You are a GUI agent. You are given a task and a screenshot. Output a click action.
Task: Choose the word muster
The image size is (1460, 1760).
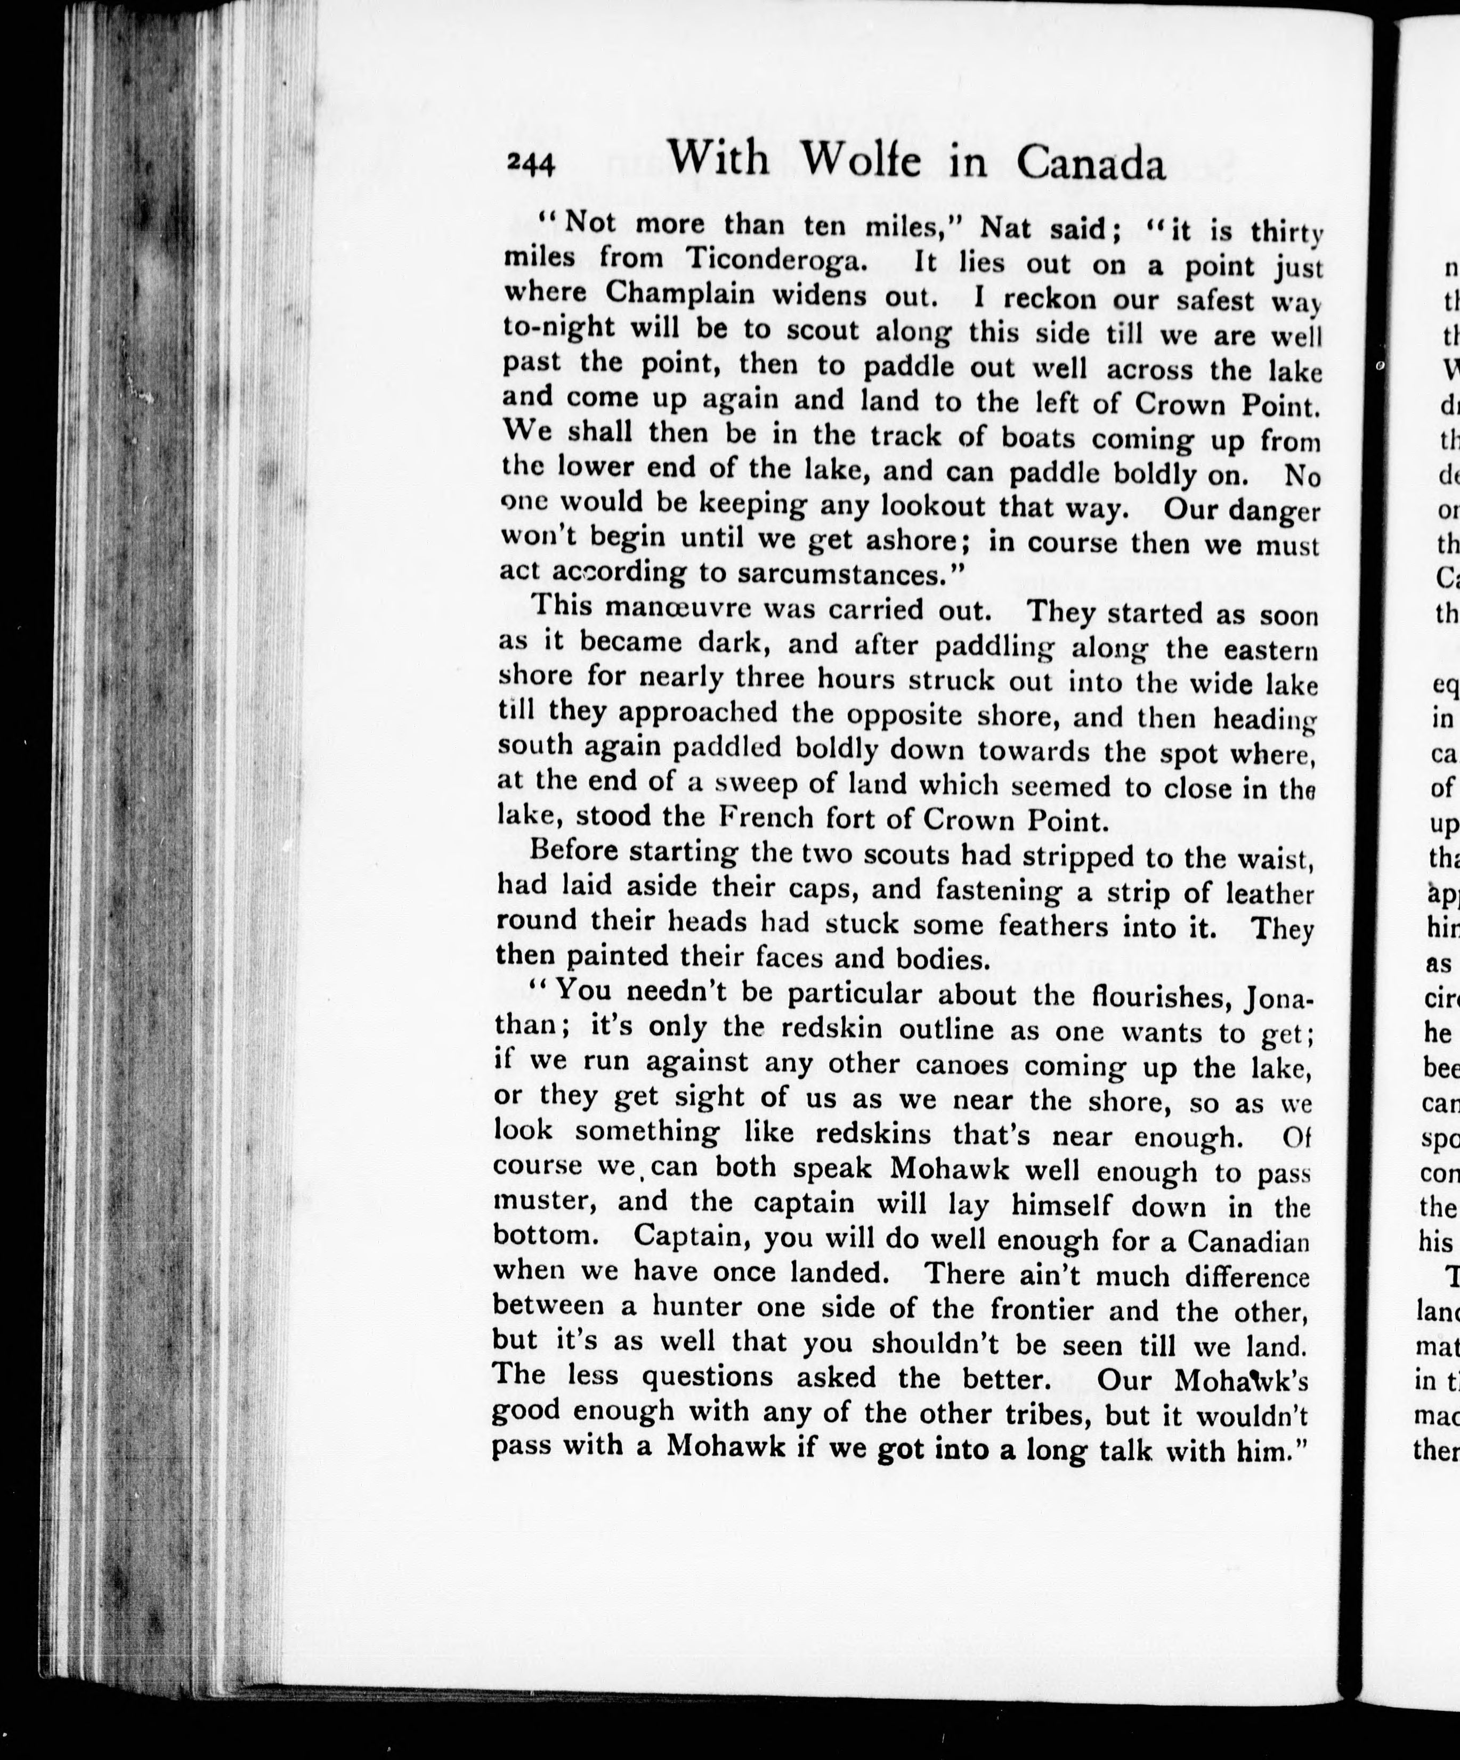click(x=545, y=1202)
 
